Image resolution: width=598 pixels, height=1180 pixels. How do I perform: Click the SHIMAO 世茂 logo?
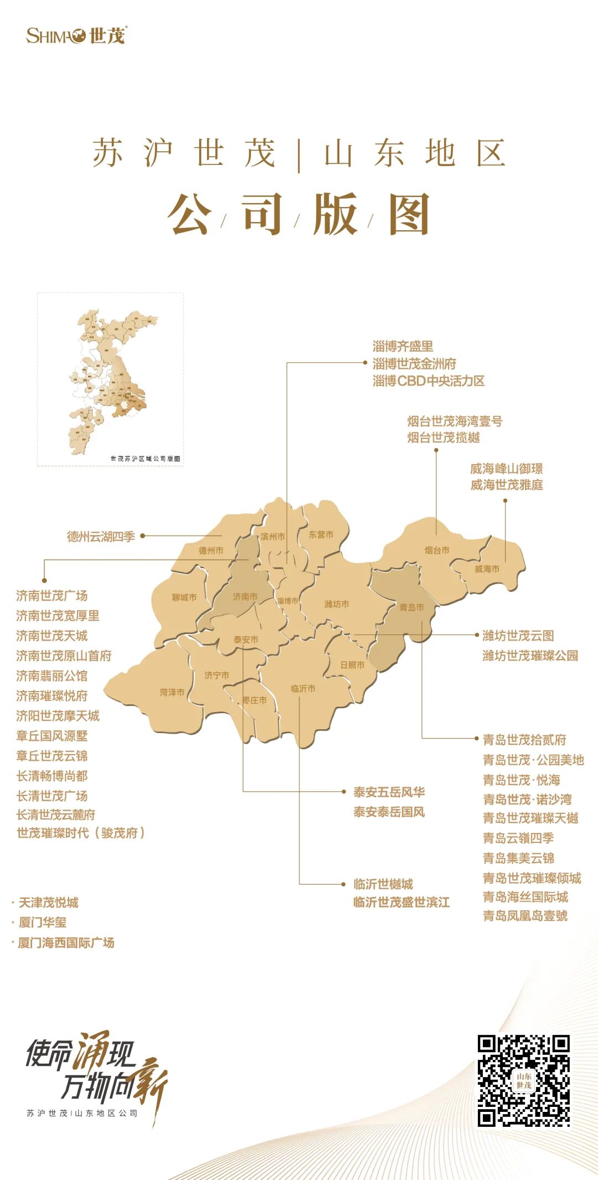pos(76,36)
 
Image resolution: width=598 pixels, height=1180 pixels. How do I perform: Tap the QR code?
pos(523,1080)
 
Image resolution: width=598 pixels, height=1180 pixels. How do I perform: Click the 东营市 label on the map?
pos(321,534)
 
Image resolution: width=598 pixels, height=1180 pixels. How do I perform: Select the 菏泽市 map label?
pos(172,692)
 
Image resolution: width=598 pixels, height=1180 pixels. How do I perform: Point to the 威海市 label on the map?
pos(487,569)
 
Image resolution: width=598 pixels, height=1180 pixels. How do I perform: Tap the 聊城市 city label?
pos(184,597)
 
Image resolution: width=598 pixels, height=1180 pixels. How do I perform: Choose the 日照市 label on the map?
pos(352,664)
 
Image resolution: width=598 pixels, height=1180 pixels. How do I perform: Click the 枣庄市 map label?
pos(255,700)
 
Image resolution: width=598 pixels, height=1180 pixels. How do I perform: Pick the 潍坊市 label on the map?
pos(337,604)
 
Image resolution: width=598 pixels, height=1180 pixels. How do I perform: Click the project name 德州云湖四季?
pos(101,536)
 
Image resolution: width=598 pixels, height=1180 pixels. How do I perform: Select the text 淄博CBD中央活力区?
pos(429,381)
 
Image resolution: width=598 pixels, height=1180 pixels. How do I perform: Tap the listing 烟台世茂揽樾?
pos(444,437)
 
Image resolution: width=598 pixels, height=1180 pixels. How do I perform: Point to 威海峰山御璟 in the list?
pos(506,468)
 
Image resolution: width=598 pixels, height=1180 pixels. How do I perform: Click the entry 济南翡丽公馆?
pos(52,676)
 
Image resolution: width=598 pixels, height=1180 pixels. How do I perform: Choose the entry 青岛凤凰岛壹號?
pos(525,916)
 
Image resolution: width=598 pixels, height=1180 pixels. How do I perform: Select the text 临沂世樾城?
pos(383,884)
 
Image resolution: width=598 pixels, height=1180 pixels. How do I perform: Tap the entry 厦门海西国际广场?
pos(66,942)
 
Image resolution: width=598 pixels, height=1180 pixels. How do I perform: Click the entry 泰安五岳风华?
pos(389,792)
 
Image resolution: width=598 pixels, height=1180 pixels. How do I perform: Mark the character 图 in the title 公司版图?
pos(409,214)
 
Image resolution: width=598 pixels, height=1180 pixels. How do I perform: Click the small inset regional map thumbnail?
pos(110,379)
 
